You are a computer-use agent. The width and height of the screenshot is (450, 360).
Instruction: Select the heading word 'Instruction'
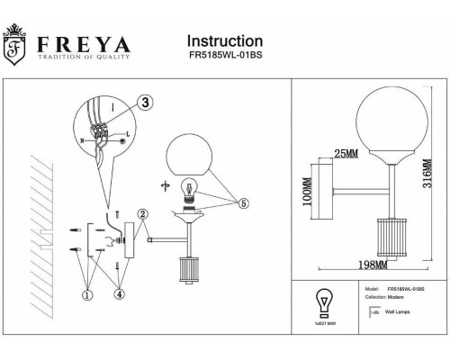(224, 41)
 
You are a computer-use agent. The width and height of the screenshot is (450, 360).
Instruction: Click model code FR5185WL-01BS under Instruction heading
(224, 58)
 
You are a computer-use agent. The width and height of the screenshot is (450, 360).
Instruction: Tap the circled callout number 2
(142, 214)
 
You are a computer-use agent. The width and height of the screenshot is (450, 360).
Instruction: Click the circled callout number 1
(87, 292)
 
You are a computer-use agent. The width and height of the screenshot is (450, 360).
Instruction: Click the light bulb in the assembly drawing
(190, 191)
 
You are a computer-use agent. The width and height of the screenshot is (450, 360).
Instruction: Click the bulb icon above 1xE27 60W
(321, 301)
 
